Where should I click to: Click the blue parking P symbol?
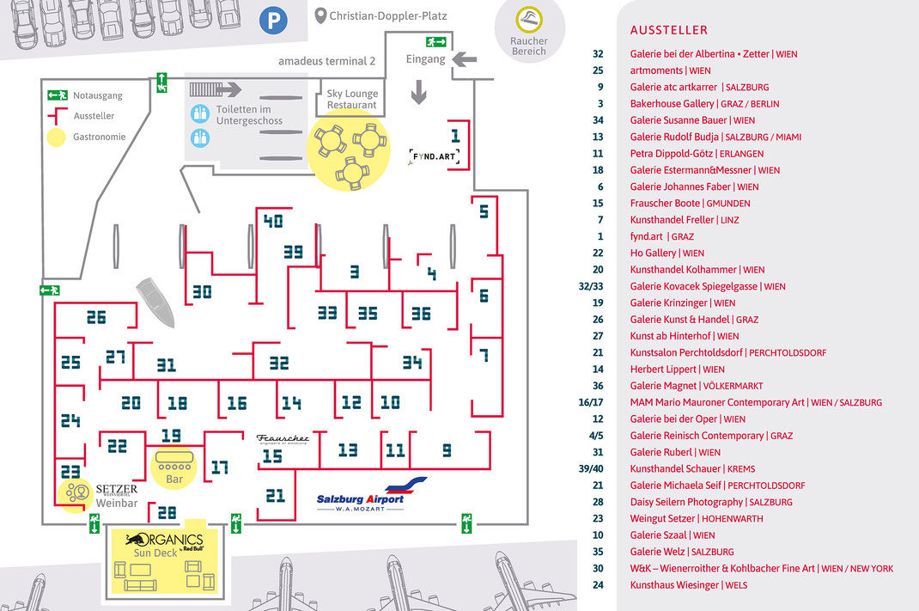click(x=273, y=21)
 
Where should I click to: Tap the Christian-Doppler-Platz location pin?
click(x=320, y=15)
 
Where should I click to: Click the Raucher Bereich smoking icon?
click(x=529, y=20)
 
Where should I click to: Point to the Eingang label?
click(x=425, y=59)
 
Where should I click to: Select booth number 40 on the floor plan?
click(x=273, y=221)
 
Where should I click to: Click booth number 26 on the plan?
click(x=96, y=317)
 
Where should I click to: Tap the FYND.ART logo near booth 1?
click(x=434, y=156)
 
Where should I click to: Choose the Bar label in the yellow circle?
click(x=174, y=479)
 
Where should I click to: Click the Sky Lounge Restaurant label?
click(x=352, y=99)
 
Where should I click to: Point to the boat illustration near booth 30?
click(x=155, y=302)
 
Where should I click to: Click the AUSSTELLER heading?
click(x=669, y=30)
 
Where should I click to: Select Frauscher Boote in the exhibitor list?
click(x=690, y=203)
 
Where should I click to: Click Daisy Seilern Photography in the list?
click(x=711, y=502)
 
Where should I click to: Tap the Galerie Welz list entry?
click(x=682, y=552)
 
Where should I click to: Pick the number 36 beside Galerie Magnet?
click(x=598, y=386)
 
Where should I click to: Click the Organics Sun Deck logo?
click(x=164, y=546)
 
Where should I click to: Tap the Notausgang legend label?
click(x=98, y=95)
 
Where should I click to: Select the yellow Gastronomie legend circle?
click(x=57, y=137)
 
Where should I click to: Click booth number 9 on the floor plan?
click(x=447, y=450)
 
